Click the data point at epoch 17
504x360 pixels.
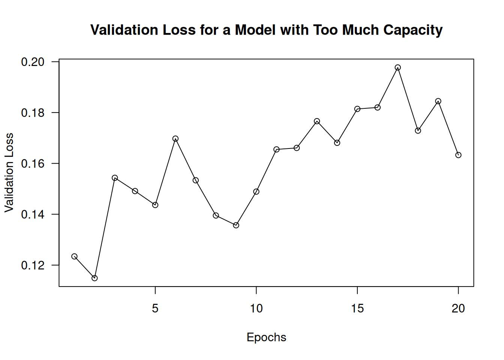point(397,67)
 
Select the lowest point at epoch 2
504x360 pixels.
point(94,278)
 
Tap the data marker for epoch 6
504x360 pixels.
point(175,139)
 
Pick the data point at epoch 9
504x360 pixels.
point(236,225)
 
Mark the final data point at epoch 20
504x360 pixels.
point(458,155)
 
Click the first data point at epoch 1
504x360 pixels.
point(74,256)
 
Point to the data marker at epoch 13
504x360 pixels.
point(317,121)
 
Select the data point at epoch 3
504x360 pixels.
point(115,178)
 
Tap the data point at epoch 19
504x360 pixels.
point(438,101)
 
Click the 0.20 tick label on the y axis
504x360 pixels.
point(33,62)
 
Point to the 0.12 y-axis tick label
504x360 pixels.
point(33,265)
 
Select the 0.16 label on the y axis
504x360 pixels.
point(33,164)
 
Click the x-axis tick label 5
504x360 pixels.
point(155,309)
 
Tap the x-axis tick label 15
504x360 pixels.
point(357,309)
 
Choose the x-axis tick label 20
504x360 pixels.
point(458,309)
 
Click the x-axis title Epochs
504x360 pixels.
point(266,337)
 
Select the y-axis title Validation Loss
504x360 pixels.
point(9,172)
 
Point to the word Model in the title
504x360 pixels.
point(255,30)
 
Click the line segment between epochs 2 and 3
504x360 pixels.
point(105,228)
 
